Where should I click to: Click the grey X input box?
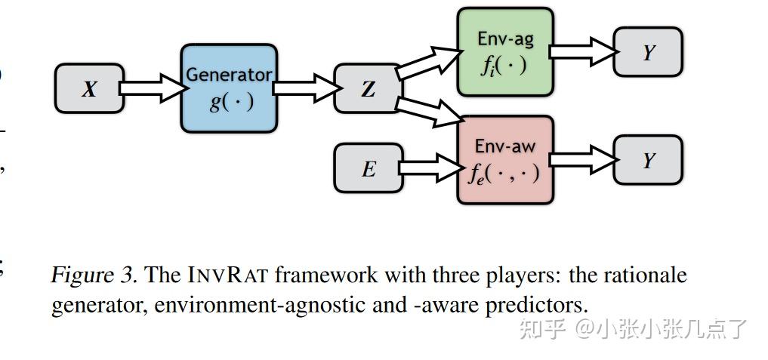pyautogui.click(x=89, y=89)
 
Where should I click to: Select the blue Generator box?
pyautogui.click(x=229, y=88)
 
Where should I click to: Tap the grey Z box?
pyautogui.click(x=368, y=89)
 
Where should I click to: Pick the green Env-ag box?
pyautogui.click(x=504, y=53)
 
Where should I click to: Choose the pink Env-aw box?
pyautogui.click(x=504, y=160)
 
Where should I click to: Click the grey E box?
pyautogui.click(x=368, y=168)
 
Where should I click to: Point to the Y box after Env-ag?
pyautogui.click(x=648, y=52)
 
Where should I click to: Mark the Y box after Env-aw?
pyautogui.click(x=648, y=160)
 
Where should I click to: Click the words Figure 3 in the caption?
pyautogui.click(x=94, y=275)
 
